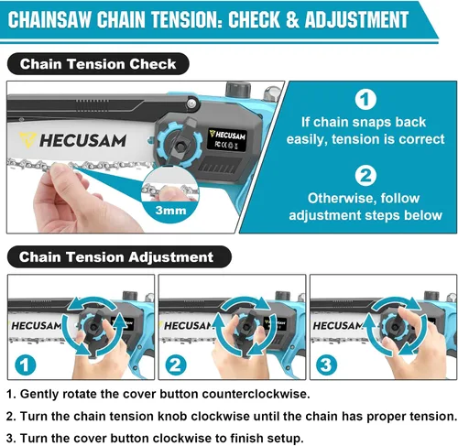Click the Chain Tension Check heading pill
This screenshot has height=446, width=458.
[x=98, y=64]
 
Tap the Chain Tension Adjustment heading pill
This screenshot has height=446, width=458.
[x=119, y=256]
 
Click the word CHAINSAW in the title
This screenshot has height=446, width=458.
[x=49, y=19]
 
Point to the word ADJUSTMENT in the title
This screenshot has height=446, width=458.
[x=356, y=19]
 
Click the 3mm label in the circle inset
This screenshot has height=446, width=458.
[x=170, y=211]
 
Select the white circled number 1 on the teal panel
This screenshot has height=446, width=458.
[x=365, y=99]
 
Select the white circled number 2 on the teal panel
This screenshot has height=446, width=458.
[x=365, y=176]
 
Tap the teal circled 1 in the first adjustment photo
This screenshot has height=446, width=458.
[x=26, y=364]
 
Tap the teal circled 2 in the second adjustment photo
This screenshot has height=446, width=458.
[x=176, y=364]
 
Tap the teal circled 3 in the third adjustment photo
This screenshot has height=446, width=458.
[x=326, y=364]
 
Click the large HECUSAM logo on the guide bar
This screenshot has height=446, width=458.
[x=82, y=141]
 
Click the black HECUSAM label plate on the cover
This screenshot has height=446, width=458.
[x=227, y=139]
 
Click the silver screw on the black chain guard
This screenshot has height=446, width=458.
[x=191, y=103]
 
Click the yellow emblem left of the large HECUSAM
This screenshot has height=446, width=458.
[x=27, y=140]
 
